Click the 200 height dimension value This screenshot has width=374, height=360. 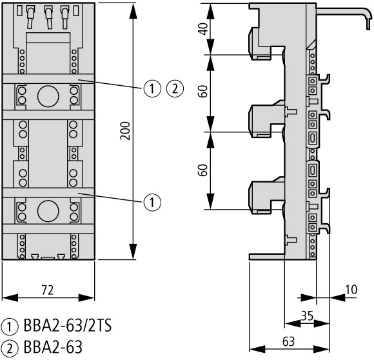pyautogui.click(x=125, y=130)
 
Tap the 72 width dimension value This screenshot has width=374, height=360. pyautogui.click(x=48, y=290)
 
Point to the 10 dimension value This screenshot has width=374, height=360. pyautogui.click(x=351, y=290)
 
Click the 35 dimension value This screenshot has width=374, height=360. pyautogui.click(x=307, y=316)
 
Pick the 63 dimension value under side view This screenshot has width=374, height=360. pyautogui.click(x=289, y=342)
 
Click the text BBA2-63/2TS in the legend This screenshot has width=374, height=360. pyautogui.click(x=68, y=325)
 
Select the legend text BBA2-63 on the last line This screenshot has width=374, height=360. pyautogui.click(x=53, y=347)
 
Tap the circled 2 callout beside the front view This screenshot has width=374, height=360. pyautogui.click(x=175, y=88)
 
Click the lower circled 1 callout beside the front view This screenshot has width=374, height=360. pyautogui.click(x=152, y=203)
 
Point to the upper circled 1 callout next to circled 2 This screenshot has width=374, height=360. pyautogui.click(x=152, y=88)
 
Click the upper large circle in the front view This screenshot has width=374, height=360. pyautogui.click(x=48, y=96)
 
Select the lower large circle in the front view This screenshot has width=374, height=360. pyautogui.click(x=48, y=211)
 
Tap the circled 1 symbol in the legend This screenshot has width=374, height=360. pyautogui.click(x=10, y=326)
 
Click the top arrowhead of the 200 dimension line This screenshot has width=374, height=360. pyautogui.click(x=133, y=11)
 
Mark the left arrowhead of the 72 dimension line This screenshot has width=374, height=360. pyautogui.click(x=10, y=297)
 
